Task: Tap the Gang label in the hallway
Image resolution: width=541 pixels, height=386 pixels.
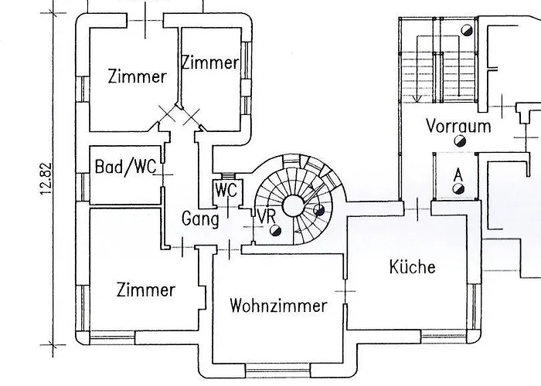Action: [x=200, y=218]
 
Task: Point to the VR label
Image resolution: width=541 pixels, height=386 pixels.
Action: [x=266, y=216]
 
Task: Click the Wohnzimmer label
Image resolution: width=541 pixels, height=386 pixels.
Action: [x=278, y=306]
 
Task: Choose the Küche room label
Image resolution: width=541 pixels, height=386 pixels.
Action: [x=412, y=267]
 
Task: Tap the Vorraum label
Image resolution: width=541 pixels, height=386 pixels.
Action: [x=458, y=126]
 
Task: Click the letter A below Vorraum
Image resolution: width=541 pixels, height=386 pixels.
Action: [x=458, y=175]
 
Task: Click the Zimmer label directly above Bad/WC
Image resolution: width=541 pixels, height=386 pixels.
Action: [x=138, y=76]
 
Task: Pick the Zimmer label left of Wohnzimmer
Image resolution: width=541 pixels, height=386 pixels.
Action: [x=146, y=290]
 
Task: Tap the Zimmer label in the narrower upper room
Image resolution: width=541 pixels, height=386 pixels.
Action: [x=209, y=63]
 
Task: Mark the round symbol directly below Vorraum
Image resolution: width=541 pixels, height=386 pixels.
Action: [x=460, y=141]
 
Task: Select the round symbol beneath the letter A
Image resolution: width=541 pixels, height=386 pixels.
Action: [x=458, y=189]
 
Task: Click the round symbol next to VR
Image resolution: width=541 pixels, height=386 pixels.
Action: [x=274, y=229]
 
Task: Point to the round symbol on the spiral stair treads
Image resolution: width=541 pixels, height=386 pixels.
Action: [x=318, y=212]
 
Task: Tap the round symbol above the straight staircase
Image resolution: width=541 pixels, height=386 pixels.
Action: [x=466, y=29]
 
